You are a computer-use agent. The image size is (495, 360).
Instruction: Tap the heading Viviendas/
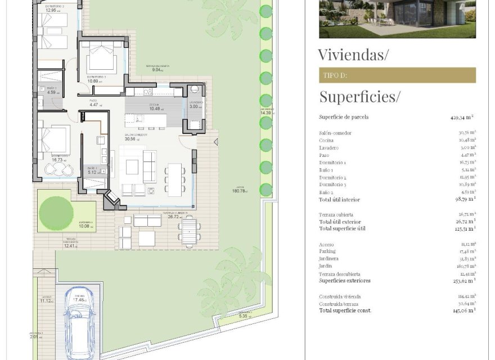tap(353, 55)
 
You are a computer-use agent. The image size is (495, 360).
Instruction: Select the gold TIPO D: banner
tap(397, 75)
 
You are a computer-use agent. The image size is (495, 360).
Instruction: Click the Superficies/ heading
tap(359, 97)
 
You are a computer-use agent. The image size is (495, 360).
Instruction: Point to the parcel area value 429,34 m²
tap(462, 118)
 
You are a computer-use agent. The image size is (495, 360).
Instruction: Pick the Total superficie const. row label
tap(345, 310)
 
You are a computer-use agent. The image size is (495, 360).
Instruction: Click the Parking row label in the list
tap(327, 251)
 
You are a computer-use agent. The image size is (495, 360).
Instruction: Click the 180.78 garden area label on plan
tap(240, 191)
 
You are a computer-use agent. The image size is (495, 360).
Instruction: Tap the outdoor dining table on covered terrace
tap(188, 231)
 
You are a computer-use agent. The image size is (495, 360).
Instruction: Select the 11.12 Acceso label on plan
tap(45, 300)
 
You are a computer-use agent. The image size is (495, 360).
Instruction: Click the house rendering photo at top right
tap(397, 19)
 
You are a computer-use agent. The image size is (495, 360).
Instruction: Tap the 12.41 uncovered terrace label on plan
tap(69, 245)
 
